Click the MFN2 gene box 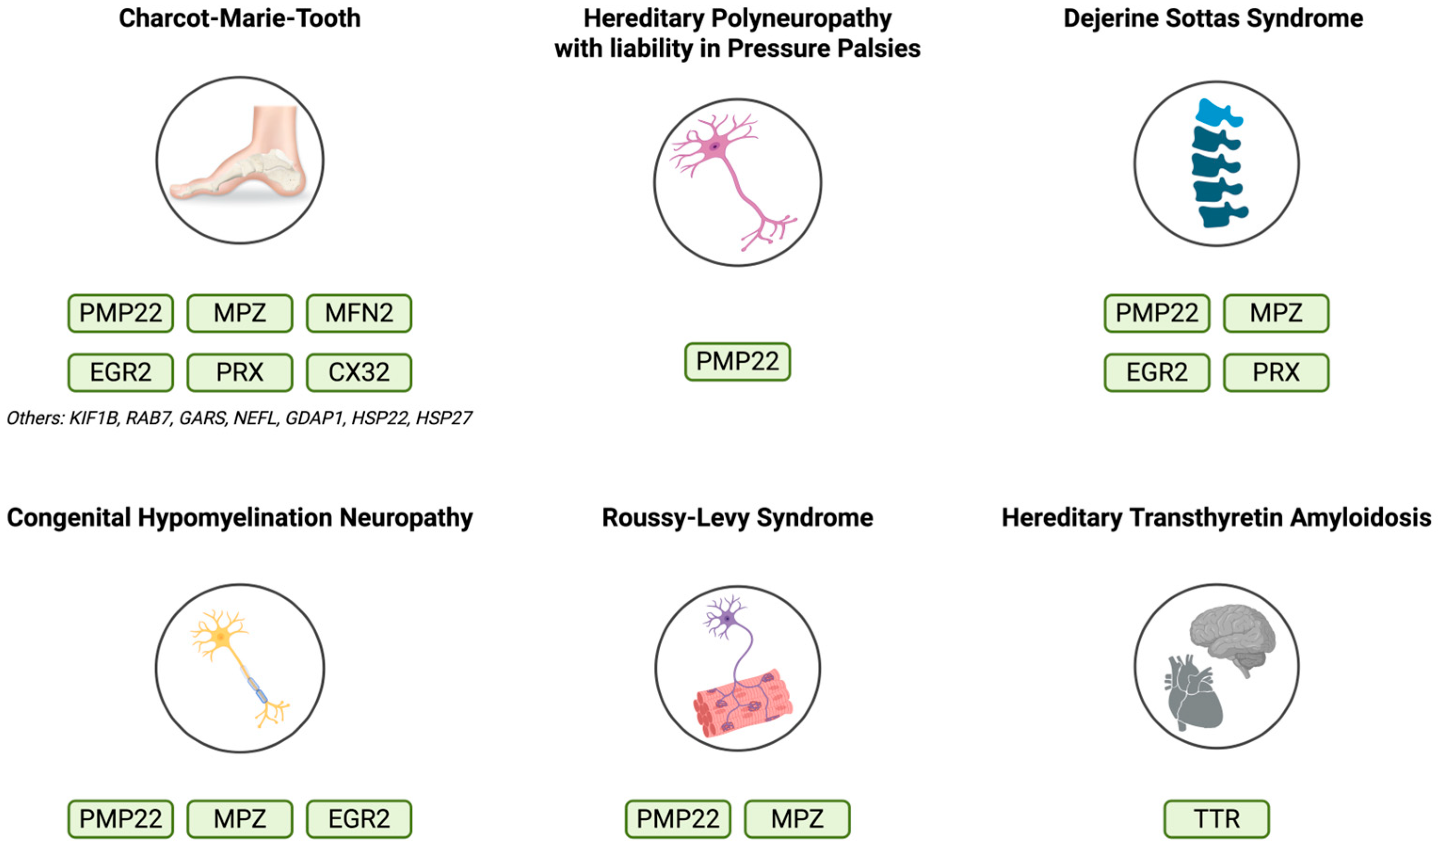point(359,313)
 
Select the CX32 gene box point(359,372)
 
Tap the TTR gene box point(1216,819)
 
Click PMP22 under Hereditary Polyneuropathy point(737,362)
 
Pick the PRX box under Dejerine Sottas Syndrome point(1276,372)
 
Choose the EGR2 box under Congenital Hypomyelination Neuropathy point(359,819)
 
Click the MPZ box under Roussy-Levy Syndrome point(797,819)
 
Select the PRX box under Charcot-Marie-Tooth point(240,372)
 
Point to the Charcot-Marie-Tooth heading point(240,18)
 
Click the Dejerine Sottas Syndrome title point(1213,18)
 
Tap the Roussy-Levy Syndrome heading point(737,518)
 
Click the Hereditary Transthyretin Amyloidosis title point(1216,518)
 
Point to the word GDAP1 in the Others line point(314,418)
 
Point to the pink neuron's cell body point(714,147)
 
